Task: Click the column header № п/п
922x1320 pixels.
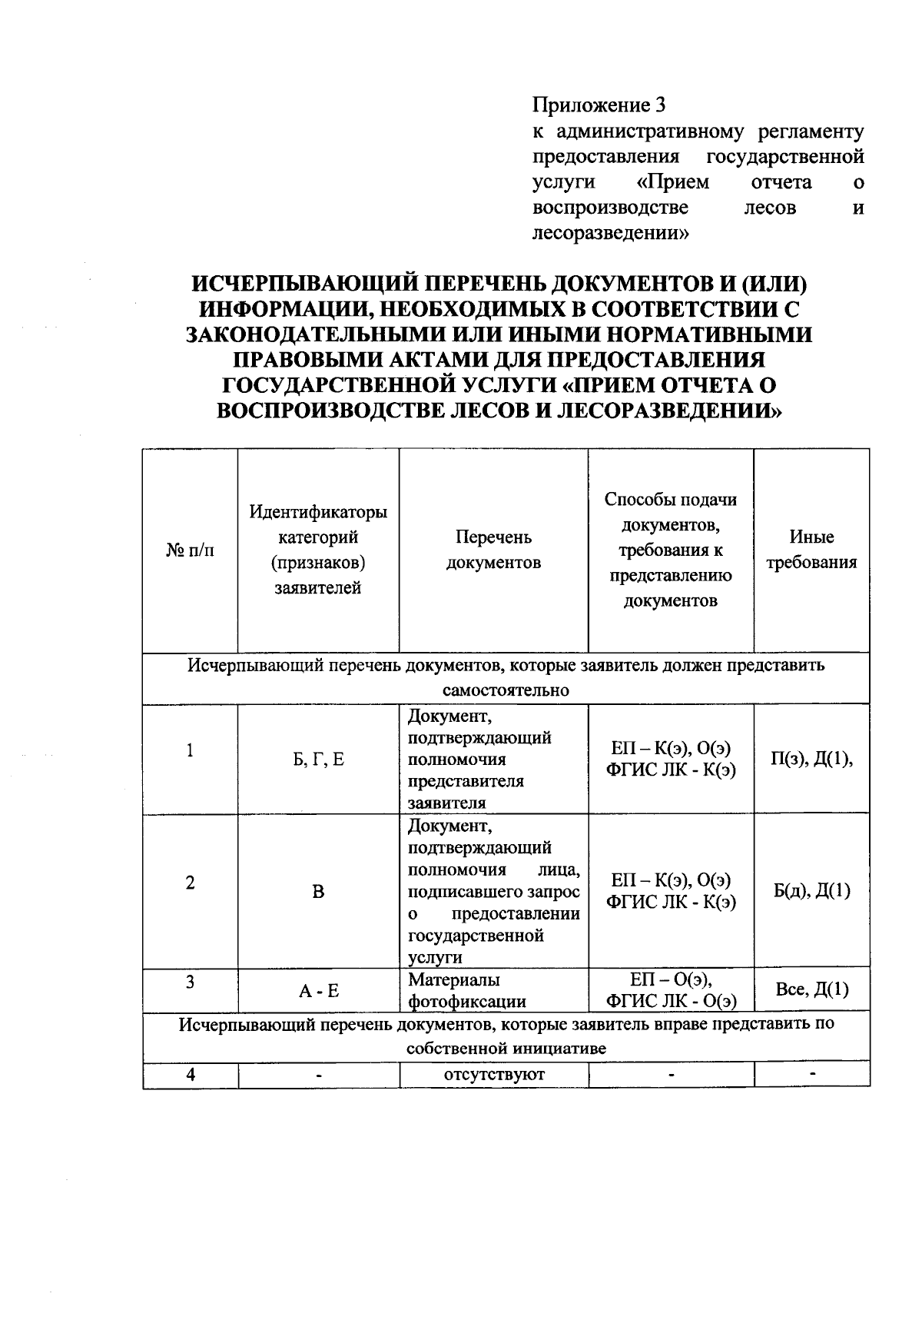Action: (190, 550)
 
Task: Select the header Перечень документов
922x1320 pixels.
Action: (493, 550)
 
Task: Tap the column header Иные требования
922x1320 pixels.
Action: (811, 550)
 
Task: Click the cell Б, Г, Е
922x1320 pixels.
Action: (318, 760)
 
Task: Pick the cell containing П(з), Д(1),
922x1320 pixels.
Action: (812, 760)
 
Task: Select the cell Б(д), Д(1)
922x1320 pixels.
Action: (812, 891)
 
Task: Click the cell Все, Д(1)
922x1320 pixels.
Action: (812, 990)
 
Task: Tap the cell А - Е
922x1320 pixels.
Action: (318, 991)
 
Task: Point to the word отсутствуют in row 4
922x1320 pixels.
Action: (494, 1075)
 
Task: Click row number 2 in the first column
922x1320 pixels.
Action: (190, 883)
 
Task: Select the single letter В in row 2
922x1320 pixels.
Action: (318, 892)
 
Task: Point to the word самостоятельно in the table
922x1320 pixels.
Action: (506, 690)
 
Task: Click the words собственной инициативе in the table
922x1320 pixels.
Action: (506, 1049)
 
